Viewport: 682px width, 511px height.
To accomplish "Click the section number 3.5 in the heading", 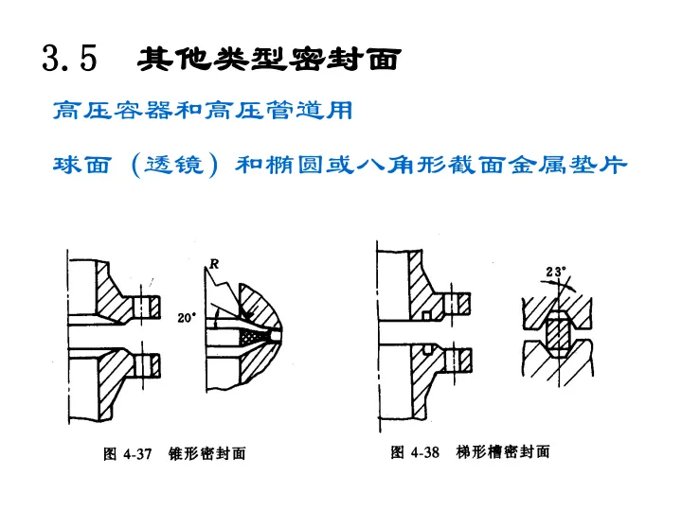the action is tap(70, 59).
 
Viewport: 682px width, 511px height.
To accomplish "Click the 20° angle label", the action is tap(187, 318).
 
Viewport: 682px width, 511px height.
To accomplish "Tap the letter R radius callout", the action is tap(215, 266).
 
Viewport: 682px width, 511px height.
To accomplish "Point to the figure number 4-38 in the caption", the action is tap(425, 451).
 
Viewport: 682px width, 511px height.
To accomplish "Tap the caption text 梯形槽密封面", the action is tap(503, 451).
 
